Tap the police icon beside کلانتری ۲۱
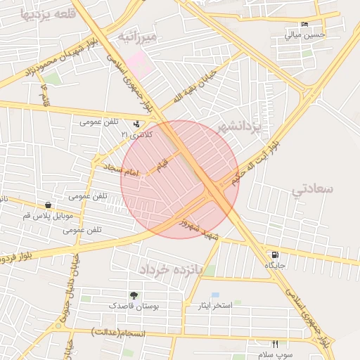(x=136, y=124)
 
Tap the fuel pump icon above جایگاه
(x=274, y=255)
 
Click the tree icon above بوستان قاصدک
(x=134, y=295)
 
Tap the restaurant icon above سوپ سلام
(x=275, y=345)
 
